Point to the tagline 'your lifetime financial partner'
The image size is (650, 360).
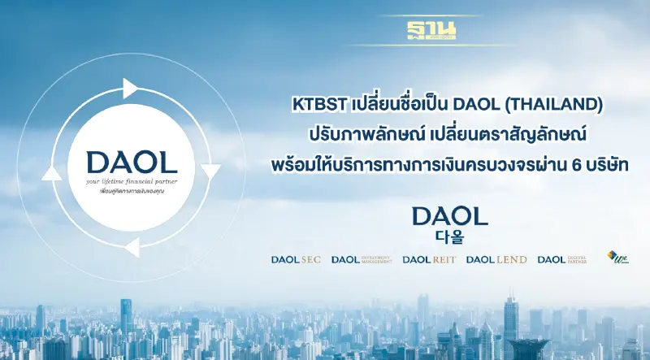(130, 183)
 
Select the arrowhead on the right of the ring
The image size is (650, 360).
(210, 171)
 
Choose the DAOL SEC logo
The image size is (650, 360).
(296, 260)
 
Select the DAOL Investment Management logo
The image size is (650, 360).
(362, 260)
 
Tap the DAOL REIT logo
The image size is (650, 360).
(429, 260)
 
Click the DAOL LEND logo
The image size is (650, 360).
(496, 260)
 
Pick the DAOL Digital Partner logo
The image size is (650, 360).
(561, 260)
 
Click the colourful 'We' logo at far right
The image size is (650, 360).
(617, 258)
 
